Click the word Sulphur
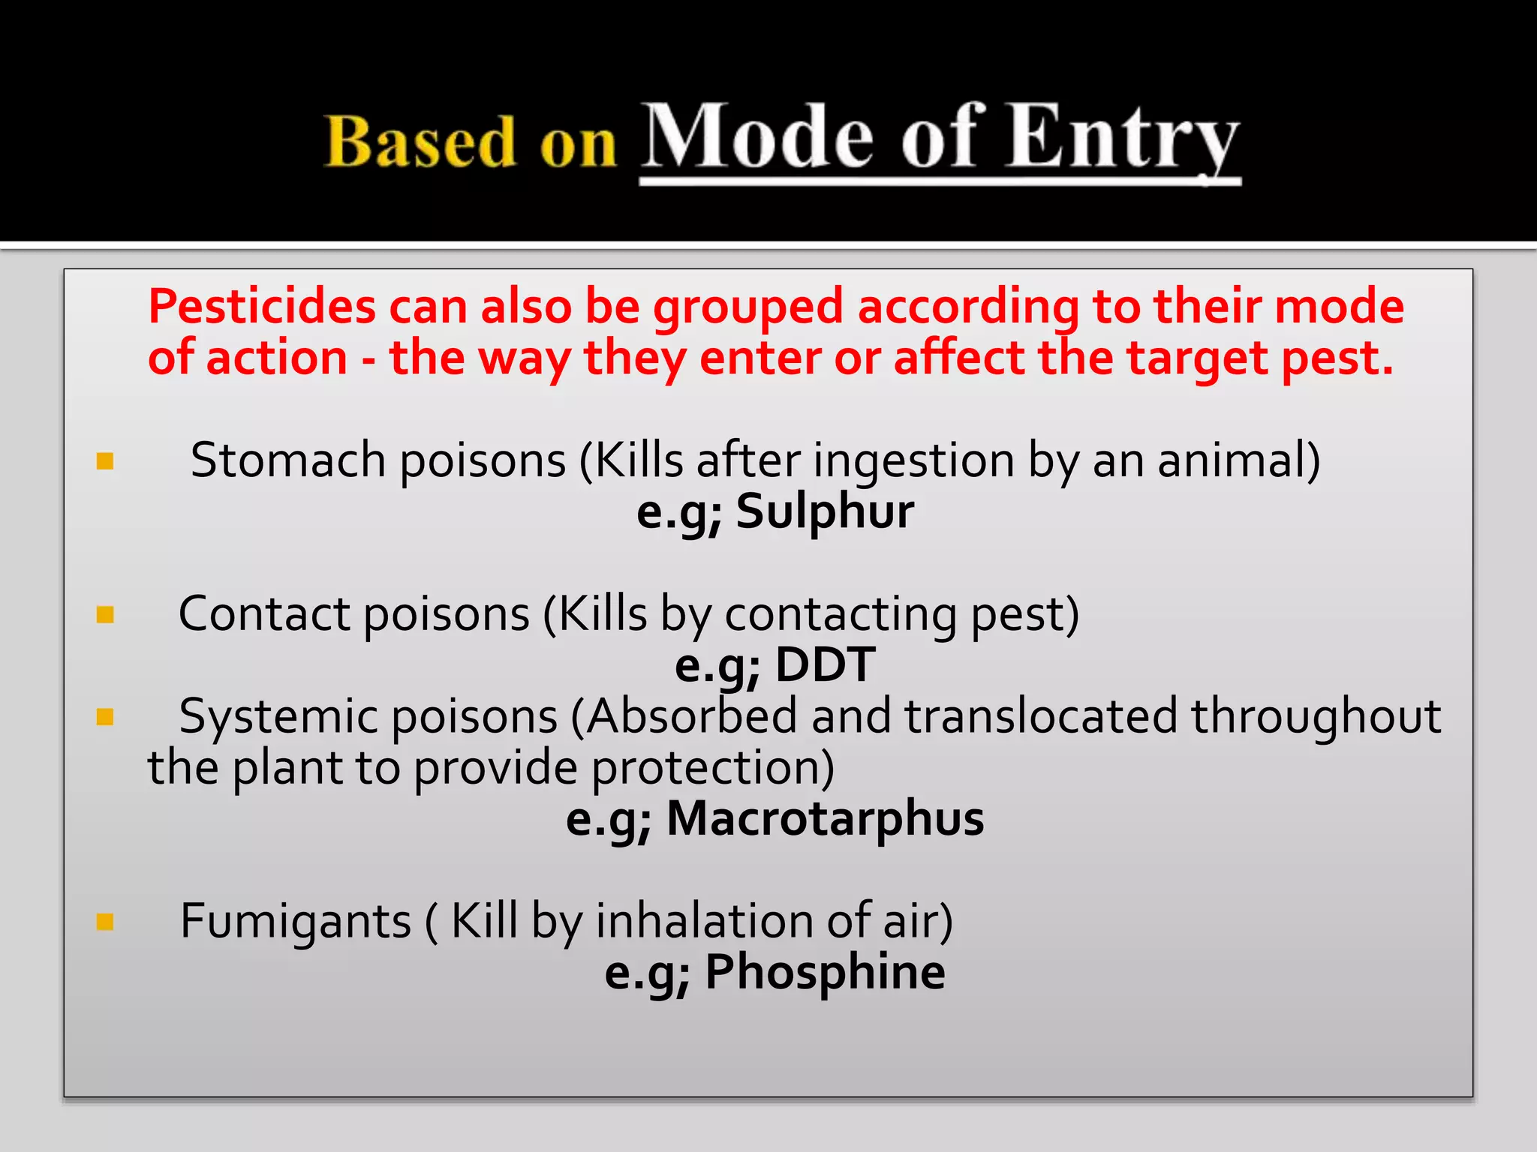pyautogui.click(x=824, y=512)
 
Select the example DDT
pyautogui.click(x=825, y=665)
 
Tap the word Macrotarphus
pyautogui.click(x=825, y=818)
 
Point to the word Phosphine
pyautogui.click(x=825, y=972)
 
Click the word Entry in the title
pyautogui.click(x=1123, y=139)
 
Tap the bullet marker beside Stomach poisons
pyautogui.click(x=105, y=460)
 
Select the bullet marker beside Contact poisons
pyautogui.click(x=105, y=615)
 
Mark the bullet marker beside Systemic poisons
pyautogui.click(x=105, y=717)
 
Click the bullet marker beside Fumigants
pyautogui.click(x=105, y=921)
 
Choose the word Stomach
pyautogui.click(x=288, y=460)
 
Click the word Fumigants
pyautogui.click(x=296, y=921)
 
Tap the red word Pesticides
pyautogui.click(x=262, y=307)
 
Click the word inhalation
pyautogui.click(x=704, y=921)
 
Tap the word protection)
pyautogui.click(x=712, y=769)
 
